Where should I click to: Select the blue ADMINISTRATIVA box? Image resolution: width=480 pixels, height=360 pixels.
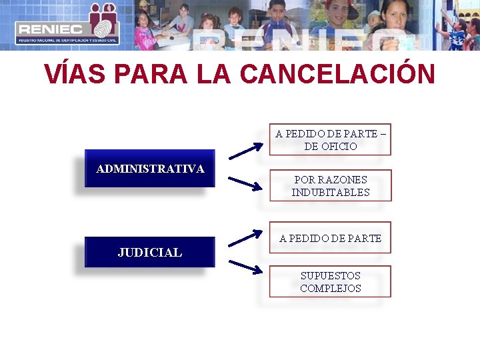(150, 169)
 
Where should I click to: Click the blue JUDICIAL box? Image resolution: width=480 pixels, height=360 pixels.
(150, 252)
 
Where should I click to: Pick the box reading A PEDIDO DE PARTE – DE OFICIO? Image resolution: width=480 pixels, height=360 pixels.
(330, 139)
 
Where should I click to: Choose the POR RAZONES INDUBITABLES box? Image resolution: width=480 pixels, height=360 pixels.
(330, 185)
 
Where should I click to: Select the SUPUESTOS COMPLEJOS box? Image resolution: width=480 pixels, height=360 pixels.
(330, 281)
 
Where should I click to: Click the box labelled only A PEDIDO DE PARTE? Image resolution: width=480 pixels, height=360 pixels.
(330, 238)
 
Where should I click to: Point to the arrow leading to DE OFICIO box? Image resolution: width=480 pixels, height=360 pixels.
(245, 150)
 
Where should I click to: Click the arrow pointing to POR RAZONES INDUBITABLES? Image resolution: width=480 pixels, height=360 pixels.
(245, 184)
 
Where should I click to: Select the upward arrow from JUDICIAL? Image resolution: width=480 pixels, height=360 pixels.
(245, 238)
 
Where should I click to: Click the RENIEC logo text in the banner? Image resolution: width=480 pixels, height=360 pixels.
(50, 29)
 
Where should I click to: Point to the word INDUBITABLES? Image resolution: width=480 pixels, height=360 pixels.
(330, 192)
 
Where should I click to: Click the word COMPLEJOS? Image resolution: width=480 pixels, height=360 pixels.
(330, 288)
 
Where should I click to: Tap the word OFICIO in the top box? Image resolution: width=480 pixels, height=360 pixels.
(339, 146)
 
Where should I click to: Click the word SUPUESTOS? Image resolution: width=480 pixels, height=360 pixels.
(330, 275)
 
